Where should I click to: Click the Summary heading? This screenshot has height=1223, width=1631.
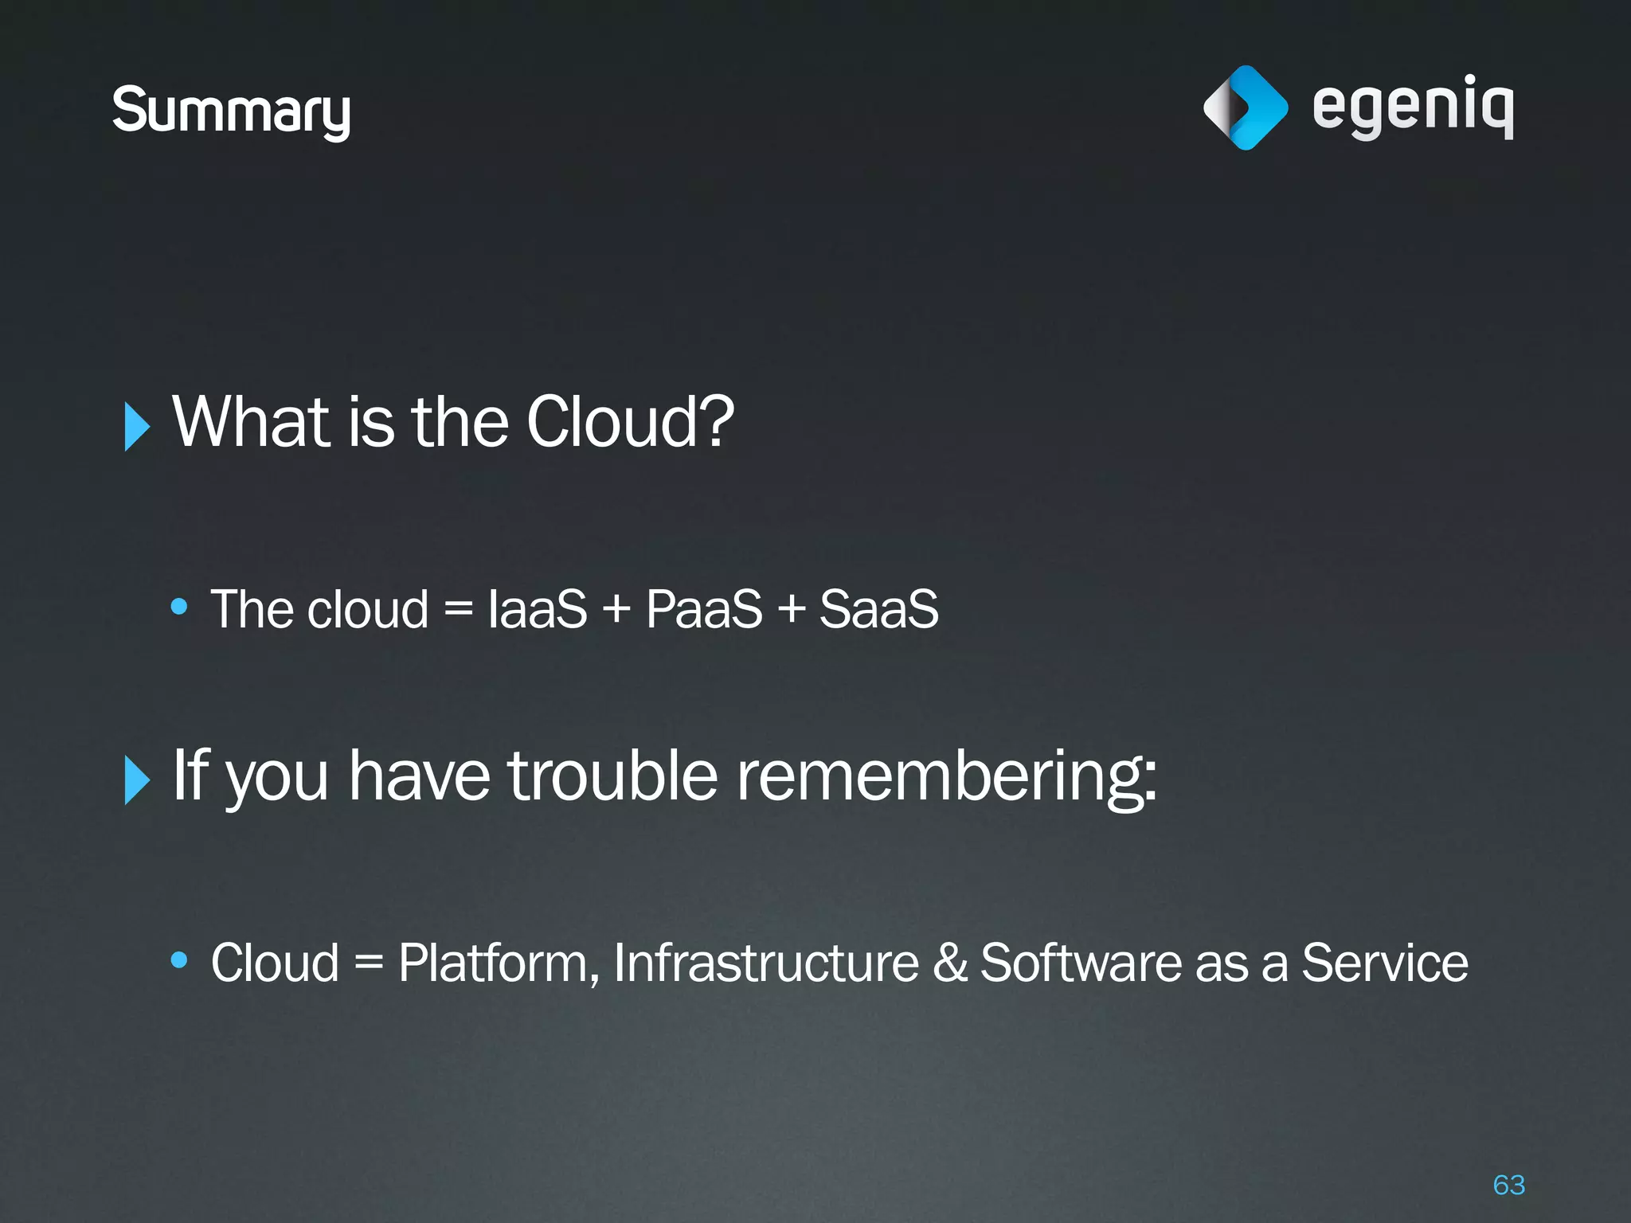coord(231,111)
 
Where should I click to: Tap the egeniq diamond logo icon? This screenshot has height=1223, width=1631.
coord(1246,107)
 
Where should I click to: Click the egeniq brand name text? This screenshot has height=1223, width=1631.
coord(1413,107)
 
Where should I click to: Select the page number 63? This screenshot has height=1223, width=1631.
coord(1509,1185)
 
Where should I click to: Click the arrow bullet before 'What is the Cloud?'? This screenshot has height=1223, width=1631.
coord(137,427)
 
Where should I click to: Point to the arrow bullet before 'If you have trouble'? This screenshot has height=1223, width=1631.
coord(137,780)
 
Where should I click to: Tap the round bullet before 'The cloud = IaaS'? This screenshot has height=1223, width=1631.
coord(179,608)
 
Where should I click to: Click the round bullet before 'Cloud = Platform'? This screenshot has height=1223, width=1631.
coord(179,960)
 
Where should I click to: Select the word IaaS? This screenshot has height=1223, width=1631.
coord(538,610)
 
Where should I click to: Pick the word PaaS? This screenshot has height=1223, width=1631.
coord(704,610)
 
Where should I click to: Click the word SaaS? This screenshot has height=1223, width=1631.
coord(879,610)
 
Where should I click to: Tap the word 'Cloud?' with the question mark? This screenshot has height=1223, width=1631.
coord(630,422)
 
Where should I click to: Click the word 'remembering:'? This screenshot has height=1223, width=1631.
coord(946,777)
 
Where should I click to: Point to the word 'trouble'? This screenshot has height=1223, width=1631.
coord(613,776)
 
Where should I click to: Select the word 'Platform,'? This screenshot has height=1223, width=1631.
coord(499,963)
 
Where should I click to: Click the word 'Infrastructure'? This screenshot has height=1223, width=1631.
coord(766,963)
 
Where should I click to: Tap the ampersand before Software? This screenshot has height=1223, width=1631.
coord(949,963)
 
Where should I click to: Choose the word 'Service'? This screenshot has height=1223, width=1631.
coord(1384,963)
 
